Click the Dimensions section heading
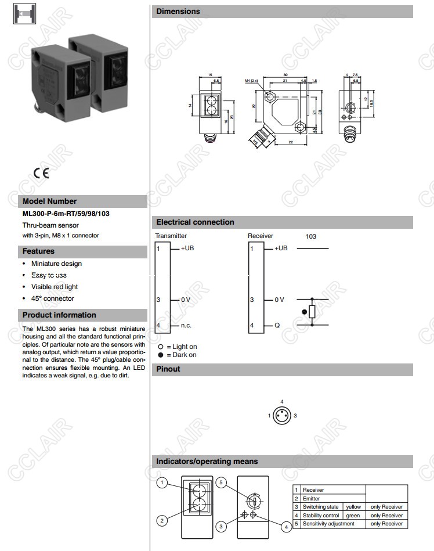(178, 11)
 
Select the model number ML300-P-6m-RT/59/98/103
(66, 214)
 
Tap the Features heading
(38, 251)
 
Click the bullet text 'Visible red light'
(54, 287)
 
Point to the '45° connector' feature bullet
(53, 298)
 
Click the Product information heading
(59, 315)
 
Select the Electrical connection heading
(195, 222)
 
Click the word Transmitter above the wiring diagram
(171, 236)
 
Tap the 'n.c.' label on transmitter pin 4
(186, 325)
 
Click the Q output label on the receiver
(277, 325)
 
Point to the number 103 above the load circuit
(311, 237)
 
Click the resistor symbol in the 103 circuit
(312, 312)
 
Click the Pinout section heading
(168, 369)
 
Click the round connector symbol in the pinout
(282, 416)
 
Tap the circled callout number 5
(220, 482)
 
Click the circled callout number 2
(163, 520)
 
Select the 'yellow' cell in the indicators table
(353, 507)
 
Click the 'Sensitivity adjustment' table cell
(328, 524)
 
